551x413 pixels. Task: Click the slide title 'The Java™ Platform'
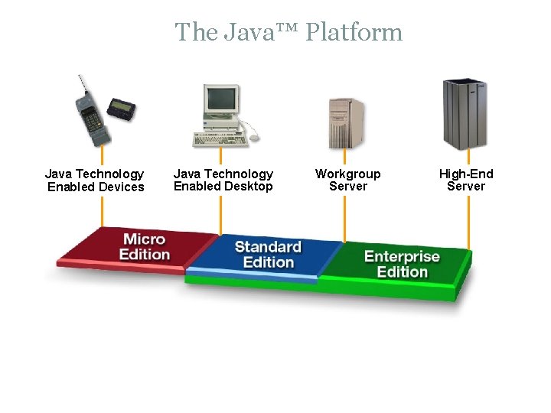[289, 32]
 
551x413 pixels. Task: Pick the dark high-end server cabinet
[465, 114]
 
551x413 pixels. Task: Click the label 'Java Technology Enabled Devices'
[95, 180]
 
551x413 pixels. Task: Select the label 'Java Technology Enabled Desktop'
[223, 180]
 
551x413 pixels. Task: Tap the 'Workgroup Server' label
[347, 180]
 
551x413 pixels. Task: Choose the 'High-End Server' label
[465, 180]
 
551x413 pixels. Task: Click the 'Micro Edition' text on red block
[145, 247]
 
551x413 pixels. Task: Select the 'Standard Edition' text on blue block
[268, 255]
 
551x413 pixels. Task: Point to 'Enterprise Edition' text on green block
[402, 264]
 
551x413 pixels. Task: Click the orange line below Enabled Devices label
[101, 210]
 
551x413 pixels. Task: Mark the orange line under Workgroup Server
[344, 218]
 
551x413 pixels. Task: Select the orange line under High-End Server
[468, 222]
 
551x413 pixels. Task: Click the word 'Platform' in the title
[354, 32]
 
